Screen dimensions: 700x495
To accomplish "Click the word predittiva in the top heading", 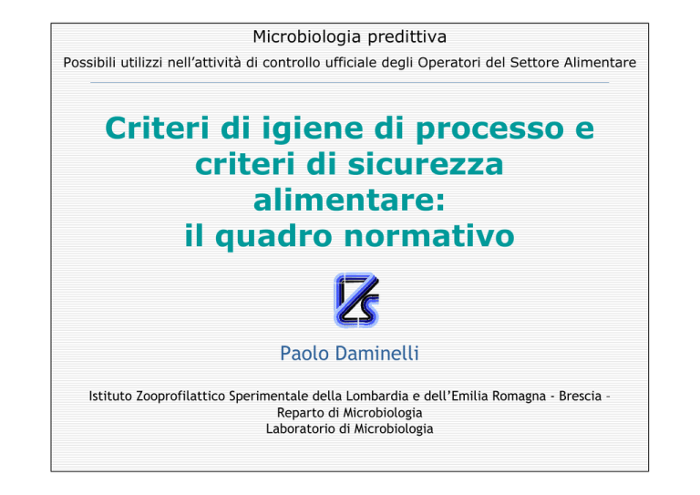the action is click(407, 37).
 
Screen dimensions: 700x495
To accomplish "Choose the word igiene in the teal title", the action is click(313, 129).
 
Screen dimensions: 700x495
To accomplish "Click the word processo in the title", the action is click(490, 129).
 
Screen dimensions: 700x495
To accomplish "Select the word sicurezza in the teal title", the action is click(426, 164).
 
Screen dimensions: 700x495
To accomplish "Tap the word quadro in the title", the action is click(273, 237).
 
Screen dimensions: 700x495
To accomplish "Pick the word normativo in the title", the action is click(429, 236).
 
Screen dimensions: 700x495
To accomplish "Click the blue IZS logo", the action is click(356, 300).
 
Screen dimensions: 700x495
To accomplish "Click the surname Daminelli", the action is click(377, 354).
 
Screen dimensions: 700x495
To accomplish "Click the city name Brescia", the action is click(581, 397).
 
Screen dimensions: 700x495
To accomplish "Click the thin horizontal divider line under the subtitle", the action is click(350, 83).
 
